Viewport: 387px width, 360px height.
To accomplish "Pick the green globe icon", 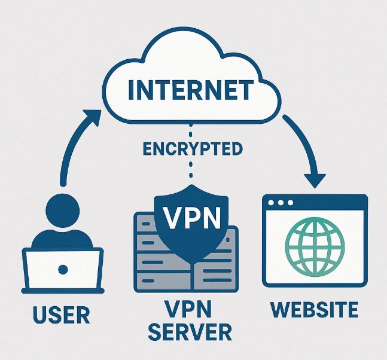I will point(315,246).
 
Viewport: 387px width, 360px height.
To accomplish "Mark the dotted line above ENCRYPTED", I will point(191,129).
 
